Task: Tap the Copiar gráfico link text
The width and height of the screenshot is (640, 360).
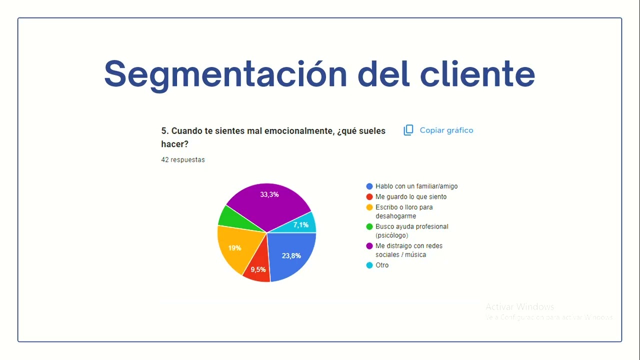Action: point(446,130)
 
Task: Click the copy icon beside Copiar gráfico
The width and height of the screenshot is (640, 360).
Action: point(408,130)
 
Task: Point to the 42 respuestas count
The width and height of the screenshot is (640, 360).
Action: point(182,160)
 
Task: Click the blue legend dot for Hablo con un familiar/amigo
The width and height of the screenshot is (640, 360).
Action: point(369,186)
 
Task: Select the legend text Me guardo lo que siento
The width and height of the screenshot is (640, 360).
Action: point(411,197)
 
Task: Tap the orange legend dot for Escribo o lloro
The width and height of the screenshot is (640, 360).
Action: point(369,207)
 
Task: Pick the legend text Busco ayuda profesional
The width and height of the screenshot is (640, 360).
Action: point(411,226)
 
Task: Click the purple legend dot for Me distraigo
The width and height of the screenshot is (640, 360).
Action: point(369,246)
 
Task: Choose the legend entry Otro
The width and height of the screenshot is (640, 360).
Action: point(381,265)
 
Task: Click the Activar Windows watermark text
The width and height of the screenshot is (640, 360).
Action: point(519,306)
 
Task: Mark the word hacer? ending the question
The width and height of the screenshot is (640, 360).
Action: point(174,144)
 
